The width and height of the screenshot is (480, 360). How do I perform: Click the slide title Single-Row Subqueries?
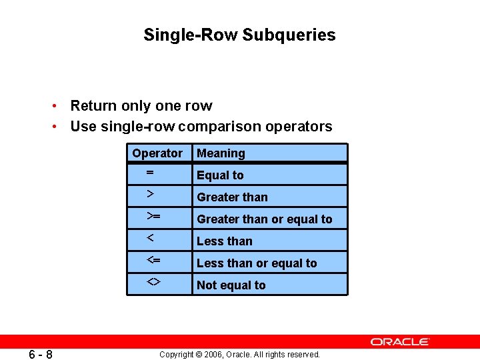tap(239, 35)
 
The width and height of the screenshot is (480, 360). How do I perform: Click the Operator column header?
tap(157, 153)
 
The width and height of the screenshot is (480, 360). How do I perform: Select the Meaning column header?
tap(221, 153)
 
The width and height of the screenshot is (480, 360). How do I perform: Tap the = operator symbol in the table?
tap(150, 173)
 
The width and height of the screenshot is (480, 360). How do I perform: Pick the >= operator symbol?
tap(153, 216)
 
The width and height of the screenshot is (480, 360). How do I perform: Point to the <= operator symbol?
tap(153, 260)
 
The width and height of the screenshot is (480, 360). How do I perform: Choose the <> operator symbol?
tap(153, 282)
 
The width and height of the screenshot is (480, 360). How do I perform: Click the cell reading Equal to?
tap(220, 175)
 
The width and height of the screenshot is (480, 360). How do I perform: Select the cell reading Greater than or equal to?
tap(264, 219)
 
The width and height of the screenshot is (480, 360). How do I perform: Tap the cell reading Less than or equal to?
tap(257, 263)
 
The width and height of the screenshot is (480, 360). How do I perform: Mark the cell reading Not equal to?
tap(231, 285)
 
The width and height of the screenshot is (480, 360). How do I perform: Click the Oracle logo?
tap(400, 341)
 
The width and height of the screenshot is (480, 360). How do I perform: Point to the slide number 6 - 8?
tap(41, 354)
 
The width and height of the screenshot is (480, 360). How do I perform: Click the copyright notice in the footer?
tap(239, 355)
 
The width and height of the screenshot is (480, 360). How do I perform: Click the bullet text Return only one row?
tap(141, 106)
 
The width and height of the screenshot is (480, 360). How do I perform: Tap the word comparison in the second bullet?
tap(223, 127)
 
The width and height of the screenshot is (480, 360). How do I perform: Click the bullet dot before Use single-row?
tap(59, 127)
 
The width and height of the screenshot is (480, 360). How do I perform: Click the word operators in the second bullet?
tap(302, 127)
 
